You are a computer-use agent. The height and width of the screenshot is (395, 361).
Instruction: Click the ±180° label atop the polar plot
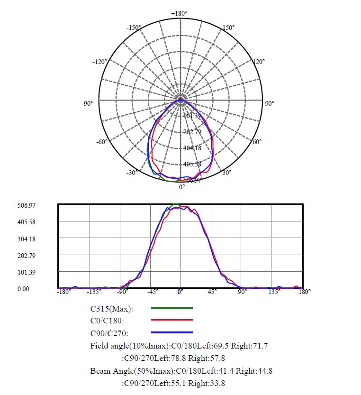[180, 13]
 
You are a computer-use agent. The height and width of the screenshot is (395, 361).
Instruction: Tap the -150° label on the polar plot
[134, 28]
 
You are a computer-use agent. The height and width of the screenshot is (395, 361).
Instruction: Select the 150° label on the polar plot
[228, 28]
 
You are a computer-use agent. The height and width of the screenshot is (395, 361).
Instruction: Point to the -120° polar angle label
[100, 62]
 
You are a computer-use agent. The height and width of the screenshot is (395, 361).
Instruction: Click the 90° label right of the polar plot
[269, 103]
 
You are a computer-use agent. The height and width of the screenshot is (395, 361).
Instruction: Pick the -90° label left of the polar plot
[87, 103]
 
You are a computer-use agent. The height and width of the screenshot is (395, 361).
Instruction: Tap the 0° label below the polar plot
[182, 187]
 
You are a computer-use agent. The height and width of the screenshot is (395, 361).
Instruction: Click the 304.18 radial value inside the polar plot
[192, 148]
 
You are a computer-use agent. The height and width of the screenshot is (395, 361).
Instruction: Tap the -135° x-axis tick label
[96, 292]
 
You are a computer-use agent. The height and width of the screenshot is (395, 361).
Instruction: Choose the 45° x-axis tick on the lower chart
[211, 292]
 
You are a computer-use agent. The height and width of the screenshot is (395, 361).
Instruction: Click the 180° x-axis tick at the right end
[305, 292]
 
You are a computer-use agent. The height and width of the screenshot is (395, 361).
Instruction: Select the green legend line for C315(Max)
[172, 308]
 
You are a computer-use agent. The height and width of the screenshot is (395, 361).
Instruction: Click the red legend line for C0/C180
[172, 320]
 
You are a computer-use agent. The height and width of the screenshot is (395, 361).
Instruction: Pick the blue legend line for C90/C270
[172, 333]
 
